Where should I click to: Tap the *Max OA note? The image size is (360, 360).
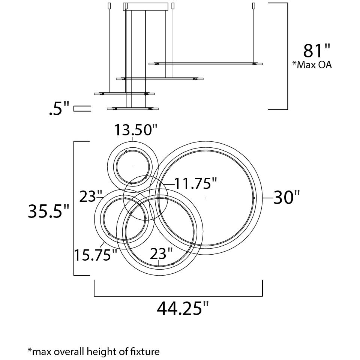click(x=312, y=65)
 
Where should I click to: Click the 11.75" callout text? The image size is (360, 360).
click(x=195, y=184)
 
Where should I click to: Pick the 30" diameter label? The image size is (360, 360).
click(x=287, y=198)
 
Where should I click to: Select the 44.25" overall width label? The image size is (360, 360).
click(x=183, y=309)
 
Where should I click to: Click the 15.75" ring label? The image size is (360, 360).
click(x=95, y=255)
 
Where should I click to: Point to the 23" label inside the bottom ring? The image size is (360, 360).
click(x=161, y=254)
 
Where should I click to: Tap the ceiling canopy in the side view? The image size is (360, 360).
click(x=146, y=7)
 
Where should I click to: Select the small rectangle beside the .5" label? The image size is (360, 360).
click(x=82, y=109)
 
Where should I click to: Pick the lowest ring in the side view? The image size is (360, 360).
click(x=132, y=109)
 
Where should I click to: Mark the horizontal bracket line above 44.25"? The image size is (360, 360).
click(x=178, y=296)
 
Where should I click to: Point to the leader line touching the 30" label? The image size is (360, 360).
click(x=267, y=198)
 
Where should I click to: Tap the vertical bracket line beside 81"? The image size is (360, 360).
click(x=287, y=56)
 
